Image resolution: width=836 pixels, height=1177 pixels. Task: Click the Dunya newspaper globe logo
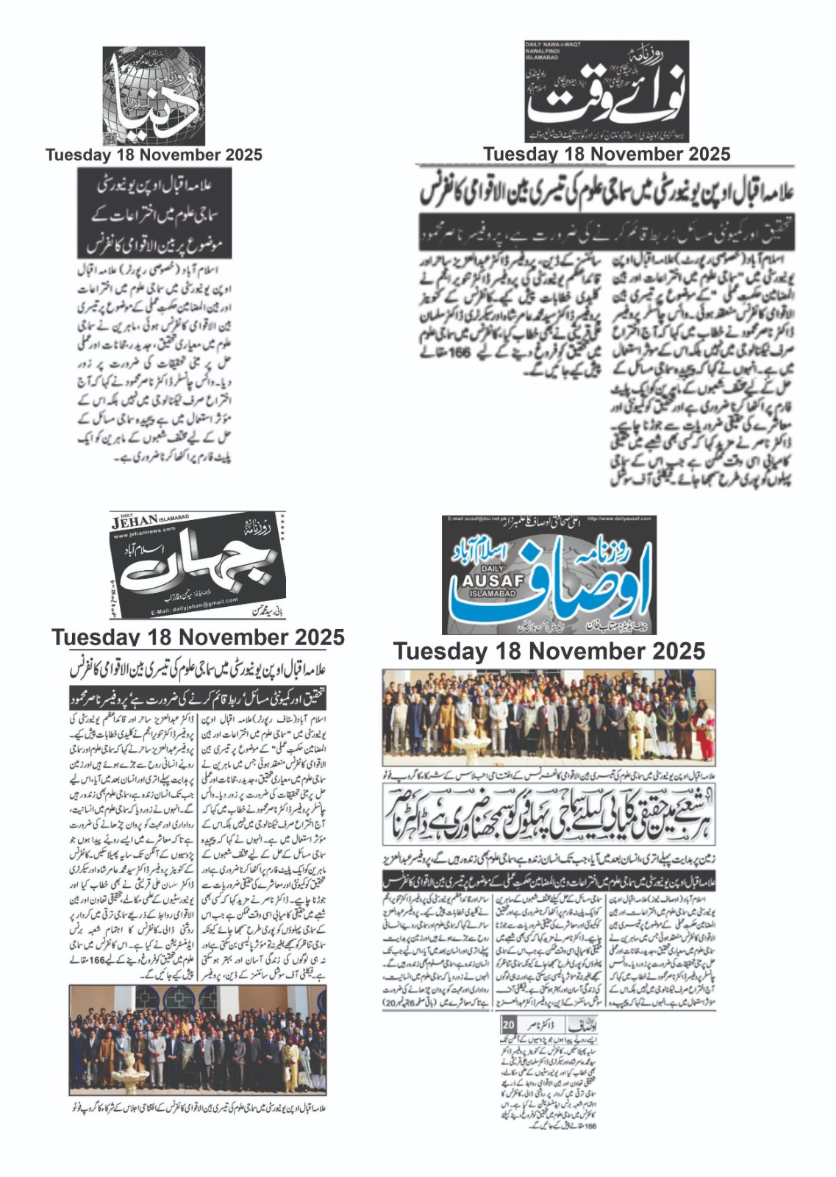(154, 96)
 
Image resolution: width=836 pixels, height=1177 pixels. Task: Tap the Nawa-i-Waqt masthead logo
(607, 91)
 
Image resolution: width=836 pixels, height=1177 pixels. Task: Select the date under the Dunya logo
(154, 155)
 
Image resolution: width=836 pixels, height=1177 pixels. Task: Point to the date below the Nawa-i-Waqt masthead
(607, 154)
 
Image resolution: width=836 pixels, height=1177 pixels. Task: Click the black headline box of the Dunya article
(154, 213)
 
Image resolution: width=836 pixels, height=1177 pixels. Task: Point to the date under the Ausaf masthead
(549, 651)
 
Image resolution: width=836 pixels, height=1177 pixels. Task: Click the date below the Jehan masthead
(198, 637)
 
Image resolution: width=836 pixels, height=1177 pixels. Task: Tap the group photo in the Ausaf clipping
(549, 716)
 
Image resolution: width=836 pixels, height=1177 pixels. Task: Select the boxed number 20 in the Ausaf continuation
(508, 1025)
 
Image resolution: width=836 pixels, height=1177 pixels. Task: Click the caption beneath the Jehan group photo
(198, 1107)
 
